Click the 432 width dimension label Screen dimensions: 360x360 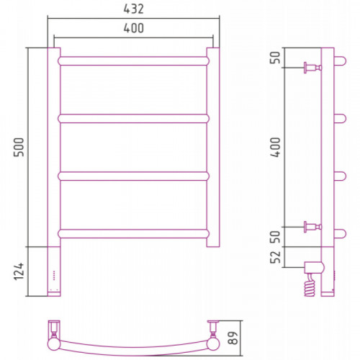pyautogui.click(x=133, y=9)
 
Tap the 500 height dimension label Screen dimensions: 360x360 pyautogui.click(x=19, y=147)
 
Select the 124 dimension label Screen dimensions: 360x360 pyautogui.click(x=19, y=271)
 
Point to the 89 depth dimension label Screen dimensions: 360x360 pyautogui.click(x=233, y=338)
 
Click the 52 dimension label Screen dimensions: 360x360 pyautogui.click(x=276, y=257)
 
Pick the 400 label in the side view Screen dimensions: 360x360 pyautogui.click(x=276, y=147)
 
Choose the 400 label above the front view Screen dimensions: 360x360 pyautogui.click(x=134, y=28)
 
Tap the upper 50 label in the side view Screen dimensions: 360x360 pyautogui.click(x=276, y=58)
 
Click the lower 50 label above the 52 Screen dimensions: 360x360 pyautogui.click(x=276, y=237)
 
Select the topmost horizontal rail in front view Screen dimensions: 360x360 pyautogui.click(x=134, y=61)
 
